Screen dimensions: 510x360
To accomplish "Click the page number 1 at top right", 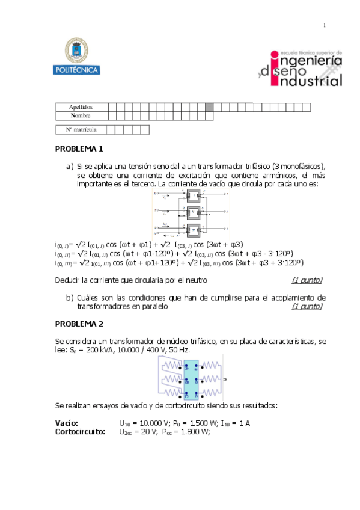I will coord(325,25).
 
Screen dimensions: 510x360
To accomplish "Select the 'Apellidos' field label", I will coord(80,107).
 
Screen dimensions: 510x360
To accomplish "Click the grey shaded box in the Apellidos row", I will coord(209,107).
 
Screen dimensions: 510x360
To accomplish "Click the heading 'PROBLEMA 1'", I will coord(79,148).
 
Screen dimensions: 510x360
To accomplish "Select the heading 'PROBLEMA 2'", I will coord(79,324).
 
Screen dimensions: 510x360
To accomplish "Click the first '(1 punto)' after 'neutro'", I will coord(307,280).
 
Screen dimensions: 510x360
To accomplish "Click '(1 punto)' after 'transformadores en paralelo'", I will coord(307,306).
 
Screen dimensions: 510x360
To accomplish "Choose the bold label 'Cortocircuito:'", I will coord(80,431).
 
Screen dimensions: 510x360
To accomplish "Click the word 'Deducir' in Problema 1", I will coord(67,280).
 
